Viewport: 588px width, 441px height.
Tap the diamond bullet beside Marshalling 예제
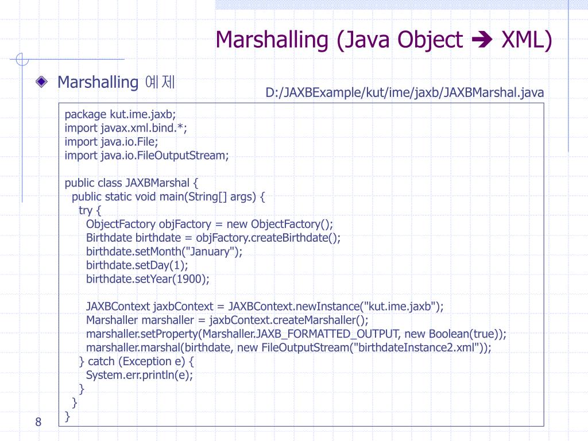pyautogui.click(x=41, y=82)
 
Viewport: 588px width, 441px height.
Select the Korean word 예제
pyautogui.click(x=160, y=82)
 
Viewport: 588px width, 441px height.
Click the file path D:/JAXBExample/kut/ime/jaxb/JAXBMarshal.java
pyautogui.click(x=404, y=92)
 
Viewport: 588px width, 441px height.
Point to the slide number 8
pyautogui.click(x=38, y=423)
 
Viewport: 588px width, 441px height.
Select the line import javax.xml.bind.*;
pyautogui.click(x=126, y=127)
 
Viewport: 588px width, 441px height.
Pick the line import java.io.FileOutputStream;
pyautogui.click(x=146, y=155)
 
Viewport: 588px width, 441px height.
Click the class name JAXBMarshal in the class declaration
pyautogui.click(x=157, y=183)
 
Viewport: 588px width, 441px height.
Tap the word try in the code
pyautogui.click(x=86, y=210)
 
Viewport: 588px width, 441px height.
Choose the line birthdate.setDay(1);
pyautogui.click(x=137, y=265)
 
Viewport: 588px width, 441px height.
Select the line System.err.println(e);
pyautogui.click(x=140, y=375)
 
